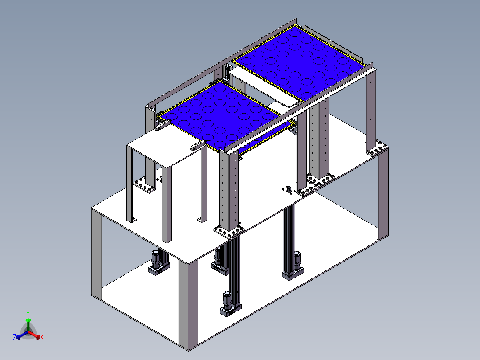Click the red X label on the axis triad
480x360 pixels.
(41, 338)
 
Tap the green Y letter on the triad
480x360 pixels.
(28, 313)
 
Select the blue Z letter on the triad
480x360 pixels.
(15, 337)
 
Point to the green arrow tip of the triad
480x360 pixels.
(28, 320)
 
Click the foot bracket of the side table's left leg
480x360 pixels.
(132, 220)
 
